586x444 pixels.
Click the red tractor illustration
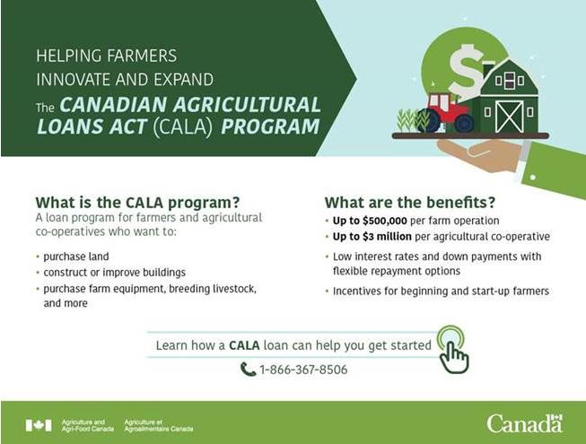point(445,112)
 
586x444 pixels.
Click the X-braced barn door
point(509,116)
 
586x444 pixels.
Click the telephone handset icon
point(248,370)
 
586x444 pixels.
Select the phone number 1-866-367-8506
point(303,370)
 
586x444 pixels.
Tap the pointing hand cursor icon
point(453,350)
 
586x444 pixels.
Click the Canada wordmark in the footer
point(524,424)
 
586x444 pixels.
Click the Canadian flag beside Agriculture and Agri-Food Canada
point(39,425)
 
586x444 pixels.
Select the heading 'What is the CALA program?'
point(137,203)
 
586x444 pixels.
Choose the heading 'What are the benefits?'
point(410,203)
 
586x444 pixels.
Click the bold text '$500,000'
point(385,221)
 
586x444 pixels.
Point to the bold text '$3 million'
point(387,237)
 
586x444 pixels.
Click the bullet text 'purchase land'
point(76,257)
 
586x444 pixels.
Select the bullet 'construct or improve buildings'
point(114,273)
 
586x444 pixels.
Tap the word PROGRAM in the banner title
point(271,126)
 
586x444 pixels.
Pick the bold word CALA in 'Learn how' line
point(244,345)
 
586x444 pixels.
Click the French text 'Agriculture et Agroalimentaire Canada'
point(159,425)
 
